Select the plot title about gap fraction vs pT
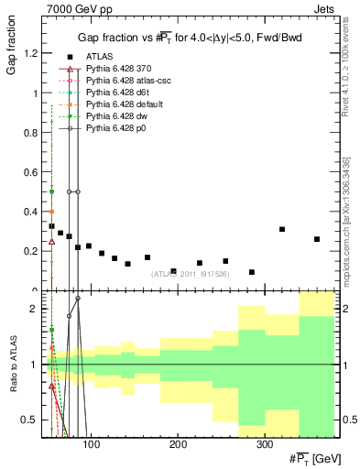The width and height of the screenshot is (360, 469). (191, 38)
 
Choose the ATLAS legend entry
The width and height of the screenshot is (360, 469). (101, 58)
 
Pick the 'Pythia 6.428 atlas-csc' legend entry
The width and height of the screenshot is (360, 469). (127, 82)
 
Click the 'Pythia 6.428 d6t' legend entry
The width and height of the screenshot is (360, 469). (117, 93)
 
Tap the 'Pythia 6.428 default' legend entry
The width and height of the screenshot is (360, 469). (123, 104)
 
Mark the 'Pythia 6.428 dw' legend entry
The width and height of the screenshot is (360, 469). (116, 116)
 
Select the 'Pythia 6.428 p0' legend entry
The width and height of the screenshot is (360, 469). (116, 127)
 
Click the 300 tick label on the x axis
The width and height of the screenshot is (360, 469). (263, 443)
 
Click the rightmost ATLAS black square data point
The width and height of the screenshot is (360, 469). (317, 239)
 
